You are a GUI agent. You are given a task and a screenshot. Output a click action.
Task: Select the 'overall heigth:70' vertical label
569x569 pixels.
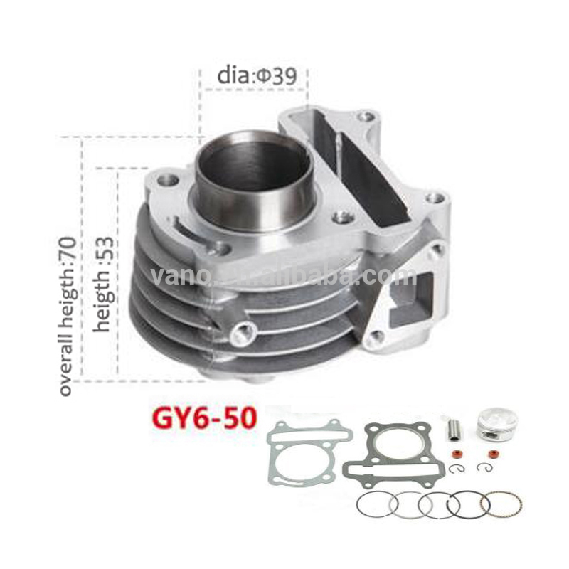tap(67, 309)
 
